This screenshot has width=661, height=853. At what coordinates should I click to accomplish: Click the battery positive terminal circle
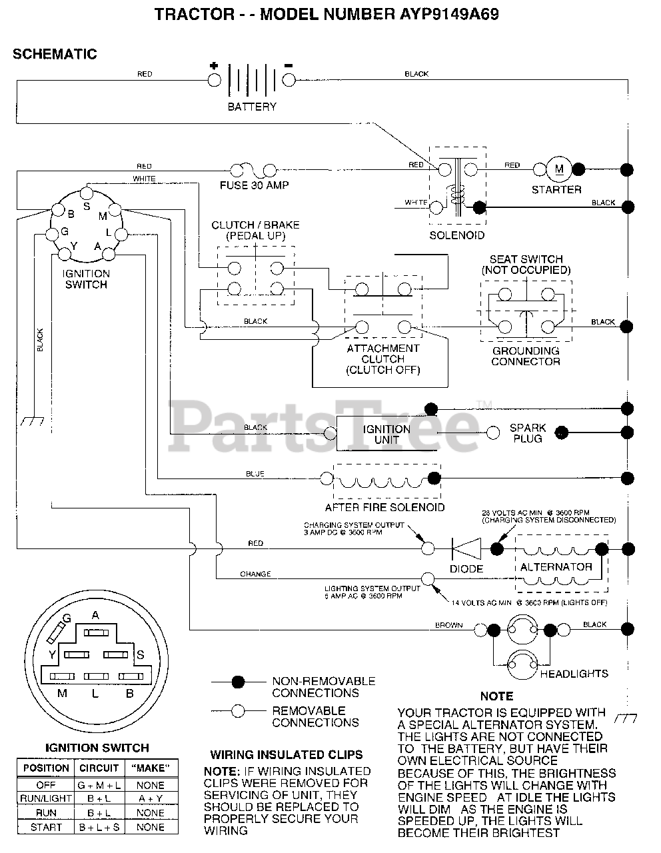pos(214,80)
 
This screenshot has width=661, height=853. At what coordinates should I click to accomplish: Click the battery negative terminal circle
pos(289,80)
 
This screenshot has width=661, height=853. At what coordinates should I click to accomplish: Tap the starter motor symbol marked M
pos(559,169)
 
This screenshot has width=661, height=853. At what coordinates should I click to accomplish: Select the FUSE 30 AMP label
pos(255,185)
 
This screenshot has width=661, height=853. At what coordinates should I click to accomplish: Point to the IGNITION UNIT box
pos(386,434)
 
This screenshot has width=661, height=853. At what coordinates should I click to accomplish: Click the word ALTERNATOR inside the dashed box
pos(556,567)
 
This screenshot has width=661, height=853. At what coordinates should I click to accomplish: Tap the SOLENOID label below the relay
pos(456,235)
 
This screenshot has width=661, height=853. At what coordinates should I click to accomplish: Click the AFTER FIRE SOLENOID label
pos(385,507)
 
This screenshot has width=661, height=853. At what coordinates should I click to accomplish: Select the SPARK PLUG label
pos(528,433)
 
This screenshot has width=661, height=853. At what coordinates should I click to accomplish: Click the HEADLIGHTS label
pos(574,674)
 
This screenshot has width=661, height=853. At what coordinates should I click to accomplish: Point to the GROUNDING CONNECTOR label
pos(526,356)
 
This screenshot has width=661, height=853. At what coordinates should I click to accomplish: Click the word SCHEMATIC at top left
pos(55,55)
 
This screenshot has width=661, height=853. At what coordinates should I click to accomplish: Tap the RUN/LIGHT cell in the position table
pos(47,798)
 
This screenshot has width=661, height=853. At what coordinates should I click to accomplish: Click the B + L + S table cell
pos(99,827)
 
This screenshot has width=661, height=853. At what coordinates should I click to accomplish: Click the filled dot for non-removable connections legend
pos(237,682)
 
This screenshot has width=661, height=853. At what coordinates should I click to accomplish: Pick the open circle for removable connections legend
pos(237,710)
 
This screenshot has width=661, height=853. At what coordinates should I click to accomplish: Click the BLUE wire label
pos(255,474)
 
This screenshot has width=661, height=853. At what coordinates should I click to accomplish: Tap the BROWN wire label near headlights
pos(448,625)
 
